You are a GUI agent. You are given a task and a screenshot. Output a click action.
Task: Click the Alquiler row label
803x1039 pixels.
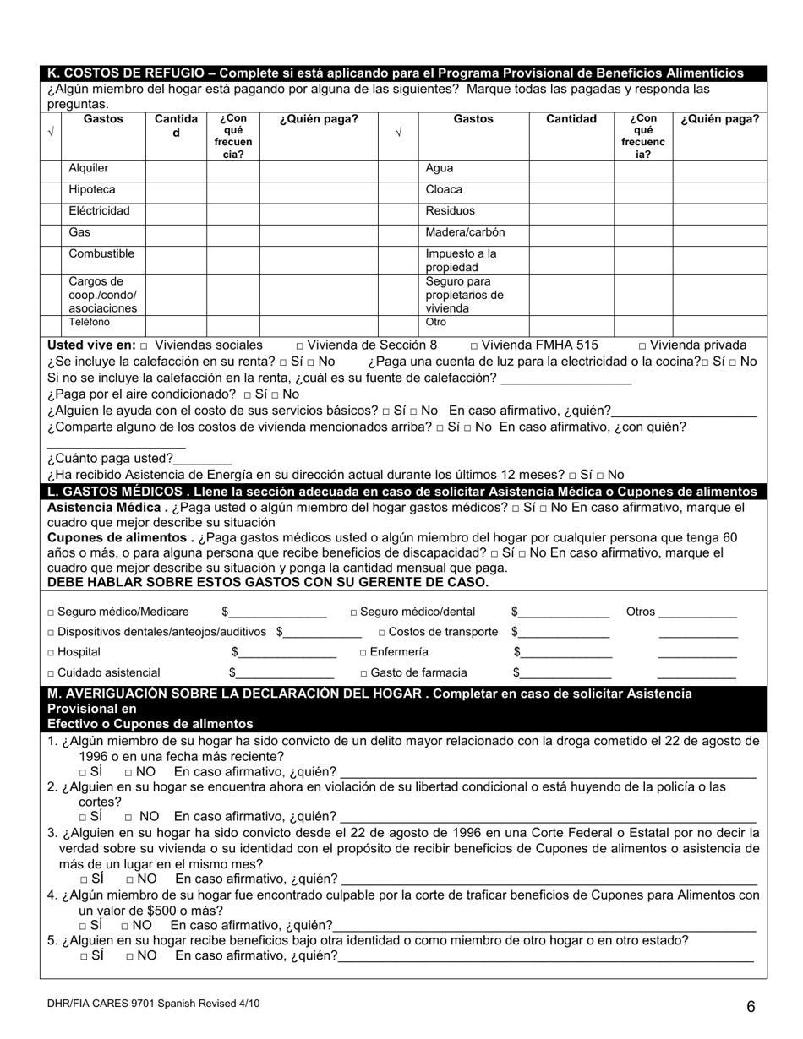pos(89,168)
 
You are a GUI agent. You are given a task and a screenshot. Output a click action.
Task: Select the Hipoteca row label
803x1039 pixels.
pos(92,189)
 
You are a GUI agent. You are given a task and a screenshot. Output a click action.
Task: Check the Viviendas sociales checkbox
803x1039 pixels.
pos(145,345)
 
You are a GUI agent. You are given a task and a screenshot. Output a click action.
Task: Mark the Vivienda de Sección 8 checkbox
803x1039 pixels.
pos(301,345)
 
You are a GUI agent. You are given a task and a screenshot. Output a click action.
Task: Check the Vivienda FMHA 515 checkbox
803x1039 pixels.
pos(474,345)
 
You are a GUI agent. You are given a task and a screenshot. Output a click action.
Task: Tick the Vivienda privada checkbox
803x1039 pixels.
pos(644,345)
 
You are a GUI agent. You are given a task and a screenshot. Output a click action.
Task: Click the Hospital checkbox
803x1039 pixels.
pos(52,653)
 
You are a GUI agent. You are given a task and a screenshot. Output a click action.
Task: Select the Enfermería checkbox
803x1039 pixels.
pos(363,653)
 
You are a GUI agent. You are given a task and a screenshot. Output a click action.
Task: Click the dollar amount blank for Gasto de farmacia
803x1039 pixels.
pos(565,674)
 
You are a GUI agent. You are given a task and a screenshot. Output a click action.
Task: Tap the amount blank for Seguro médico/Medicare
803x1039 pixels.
pos(277,613)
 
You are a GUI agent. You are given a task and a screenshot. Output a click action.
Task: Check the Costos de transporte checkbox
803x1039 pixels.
pos(383,633)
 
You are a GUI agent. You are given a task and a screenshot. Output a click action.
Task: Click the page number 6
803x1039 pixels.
pos(750,1006)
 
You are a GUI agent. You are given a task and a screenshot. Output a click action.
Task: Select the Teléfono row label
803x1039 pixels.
pos(89,322)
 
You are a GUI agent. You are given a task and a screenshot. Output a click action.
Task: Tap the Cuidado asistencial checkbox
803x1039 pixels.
pos(52,673)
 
